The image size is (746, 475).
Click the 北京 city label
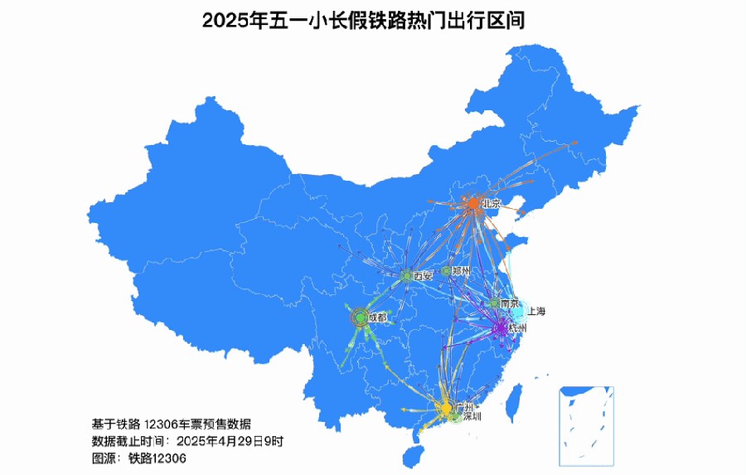(492, 203)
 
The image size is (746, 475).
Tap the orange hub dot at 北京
(473, 203)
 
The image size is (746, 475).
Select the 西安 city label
(423, 275)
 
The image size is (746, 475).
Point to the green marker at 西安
(406, 274)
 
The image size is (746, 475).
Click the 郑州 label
(461, 271)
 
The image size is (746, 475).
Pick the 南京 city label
(509, 303)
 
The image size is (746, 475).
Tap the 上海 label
(535, 312)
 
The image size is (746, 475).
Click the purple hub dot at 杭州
(501, 327)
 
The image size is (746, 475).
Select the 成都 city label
(377, 317)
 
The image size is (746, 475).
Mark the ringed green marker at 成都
(360, 316)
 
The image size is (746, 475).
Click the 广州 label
(464, 408)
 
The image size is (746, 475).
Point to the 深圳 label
(471, 417)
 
